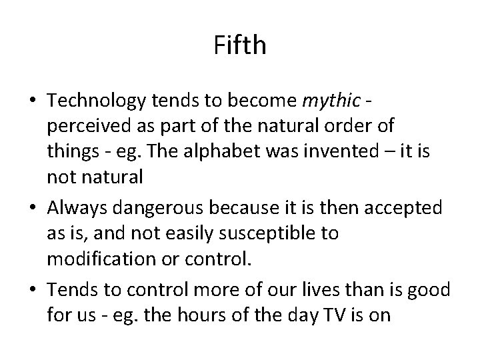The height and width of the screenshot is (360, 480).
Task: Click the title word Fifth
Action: (240, 45)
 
